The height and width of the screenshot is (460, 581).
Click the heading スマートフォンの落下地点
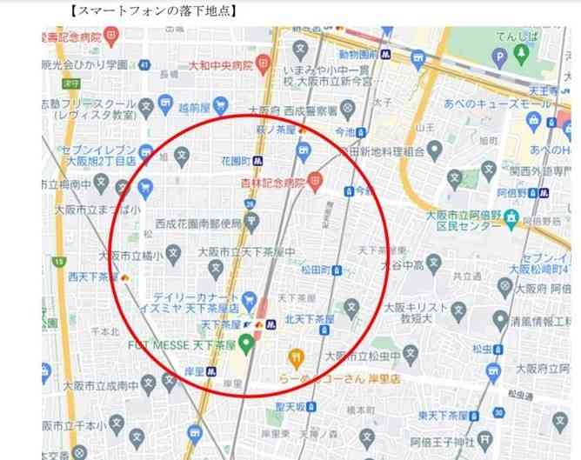point(154,10)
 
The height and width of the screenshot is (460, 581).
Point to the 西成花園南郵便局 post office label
point(199,223)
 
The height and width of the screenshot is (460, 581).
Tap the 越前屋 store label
point(196,109)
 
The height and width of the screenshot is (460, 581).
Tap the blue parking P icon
point(498,57)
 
